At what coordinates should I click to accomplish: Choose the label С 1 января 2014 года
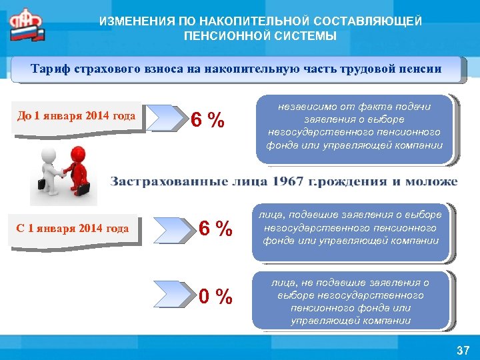(73, 229)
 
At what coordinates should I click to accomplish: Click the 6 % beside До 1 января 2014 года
(207, 121)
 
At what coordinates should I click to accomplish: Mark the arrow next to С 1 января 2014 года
(174, 229)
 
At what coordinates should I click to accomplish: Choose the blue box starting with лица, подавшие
(352, 227)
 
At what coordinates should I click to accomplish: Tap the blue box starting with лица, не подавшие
(351, 301)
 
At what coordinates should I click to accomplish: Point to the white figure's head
(48, 155)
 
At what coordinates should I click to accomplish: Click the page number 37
(462, 349)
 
